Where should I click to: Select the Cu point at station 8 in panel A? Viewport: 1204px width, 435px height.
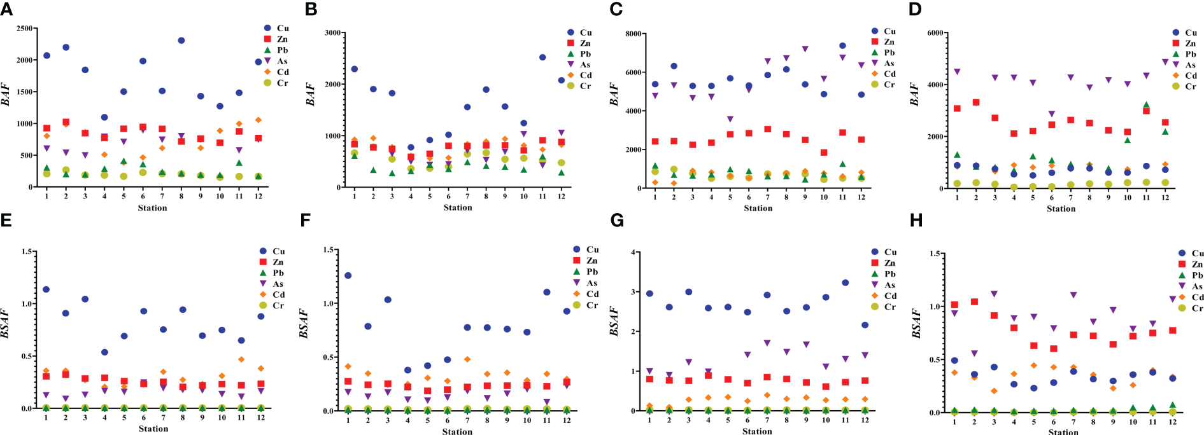click(x=181, y=41)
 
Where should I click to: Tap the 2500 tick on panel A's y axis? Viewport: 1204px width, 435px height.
click(x=25, y=29)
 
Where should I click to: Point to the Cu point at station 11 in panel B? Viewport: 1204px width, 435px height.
click(x=542, y=57)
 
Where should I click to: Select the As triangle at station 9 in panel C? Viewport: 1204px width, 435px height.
click(x=805, y=49)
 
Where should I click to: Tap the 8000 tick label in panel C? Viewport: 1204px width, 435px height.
click(x=631, y=34)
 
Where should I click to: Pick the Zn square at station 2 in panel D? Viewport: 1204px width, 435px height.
click(x=976, y=102)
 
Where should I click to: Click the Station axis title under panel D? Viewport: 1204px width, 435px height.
click(x=1061, y=209)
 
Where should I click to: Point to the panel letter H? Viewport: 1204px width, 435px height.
click(x=916, y=220)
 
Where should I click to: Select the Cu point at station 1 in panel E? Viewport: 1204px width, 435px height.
click(x=46, y=289)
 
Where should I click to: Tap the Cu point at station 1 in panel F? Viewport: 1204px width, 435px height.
click(x=348, y=275)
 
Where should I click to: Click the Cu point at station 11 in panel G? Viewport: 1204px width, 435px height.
click(x=845, y=283)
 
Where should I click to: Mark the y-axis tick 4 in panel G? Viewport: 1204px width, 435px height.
click(x=633, y=252)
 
